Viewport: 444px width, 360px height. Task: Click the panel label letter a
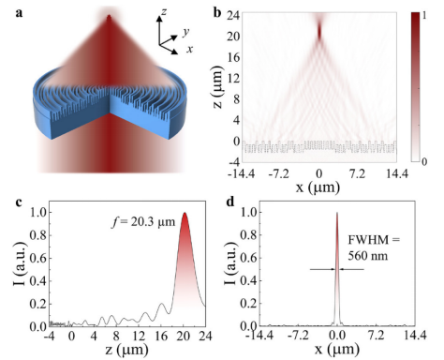[19, 13]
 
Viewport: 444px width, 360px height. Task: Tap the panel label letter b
[217, 12]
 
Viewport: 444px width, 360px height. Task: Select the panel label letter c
[19, 202]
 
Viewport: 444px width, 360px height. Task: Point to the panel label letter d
[230, 202]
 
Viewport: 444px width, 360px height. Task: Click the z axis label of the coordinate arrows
[164, 12]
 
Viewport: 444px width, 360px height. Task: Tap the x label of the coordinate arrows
[189, 49]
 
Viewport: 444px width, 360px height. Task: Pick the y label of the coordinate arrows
[186, 32]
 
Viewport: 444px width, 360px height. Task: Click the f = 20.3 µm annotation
[143, 222]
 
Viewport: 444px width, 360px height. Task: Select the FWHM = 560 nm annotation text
[374, 247]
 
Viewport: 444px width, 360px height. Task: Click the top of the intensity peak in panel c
[185, 213]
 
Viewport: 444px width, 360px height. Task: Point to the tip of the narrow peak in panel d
[337, 213]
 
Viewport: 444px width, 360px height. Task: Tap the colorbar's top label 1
[424, 15]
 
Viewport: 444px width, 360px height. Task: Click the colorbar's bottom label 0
[424, 161]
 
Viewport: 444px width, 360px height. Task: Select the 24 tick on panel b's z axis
[233, 15]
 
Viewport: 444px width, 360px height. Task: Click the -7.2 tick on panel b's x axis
[278, 173]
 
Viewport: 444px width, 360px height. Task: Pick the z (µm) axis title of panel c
[126, 350]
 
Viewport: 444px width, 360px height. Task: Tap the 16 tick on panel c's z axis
[161, 336]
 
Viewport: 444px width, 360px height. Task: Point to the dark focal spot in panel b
[319, 31]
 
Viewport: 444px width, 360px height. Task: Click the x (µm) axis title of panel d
[336, 349]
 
